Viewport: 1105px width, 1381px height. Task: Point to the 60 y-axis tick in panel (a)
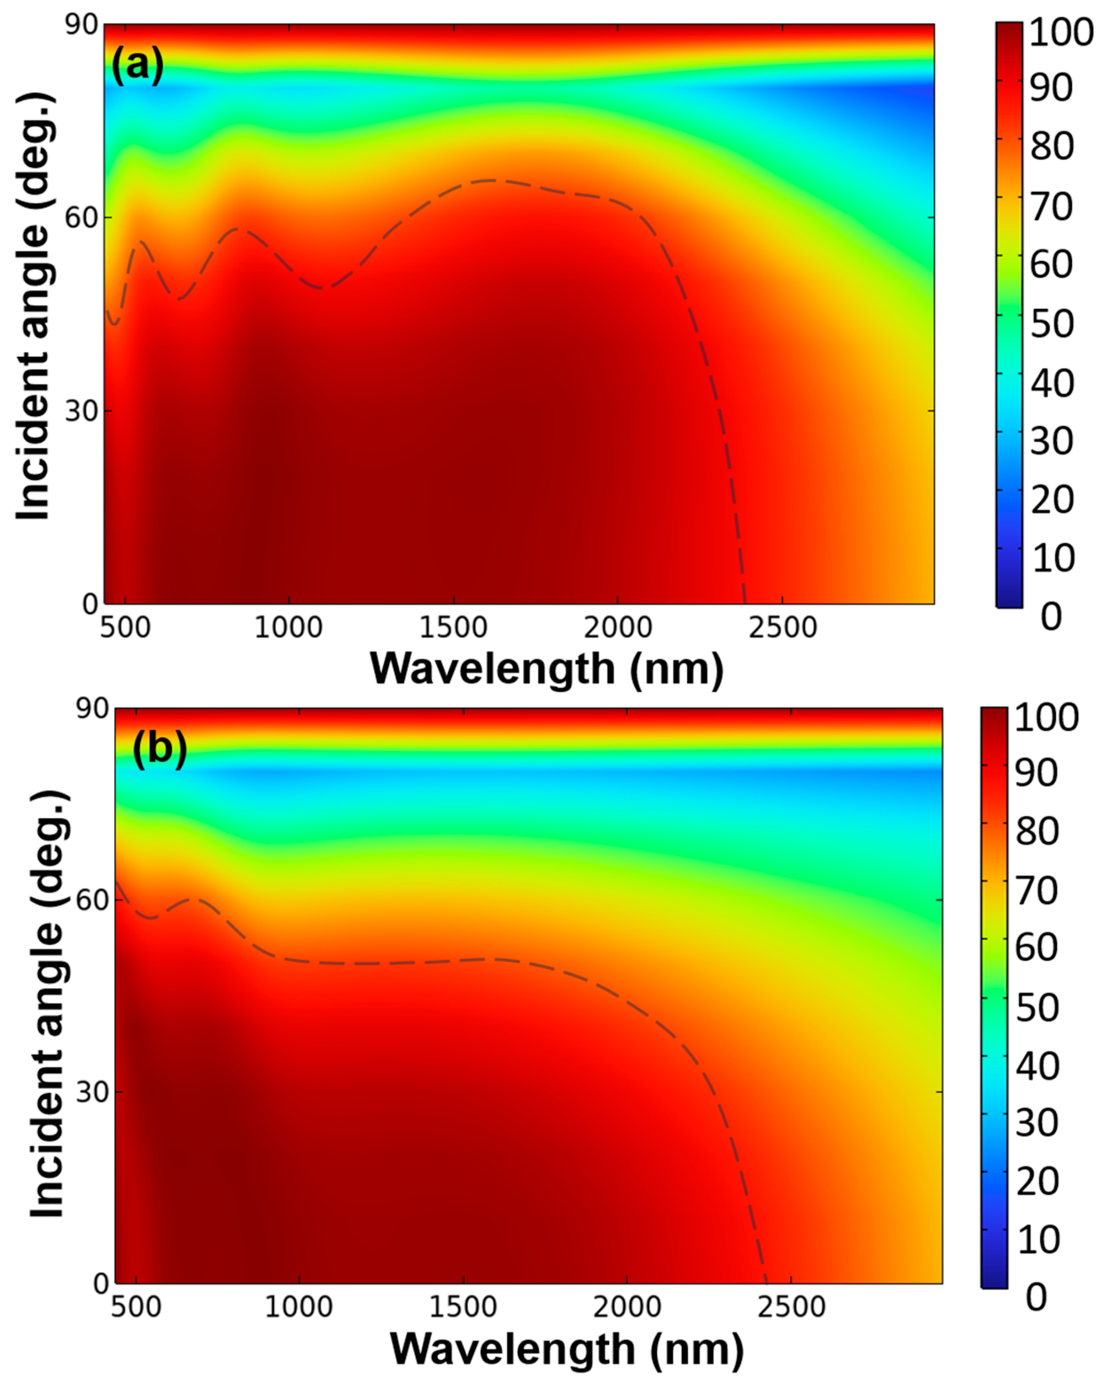81,218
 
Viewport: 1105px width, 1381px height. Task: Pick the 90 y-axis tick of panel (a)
81,26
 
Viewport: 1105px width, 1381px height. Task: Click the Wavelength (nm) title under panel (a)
546,669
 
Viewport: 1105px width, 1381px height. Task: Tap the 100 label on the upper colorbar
1060,32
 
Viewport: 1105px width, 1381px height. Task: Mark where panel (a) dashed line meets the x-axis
745,603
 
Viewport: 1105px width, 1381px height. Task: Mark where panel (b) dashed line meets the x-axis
765,1283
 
